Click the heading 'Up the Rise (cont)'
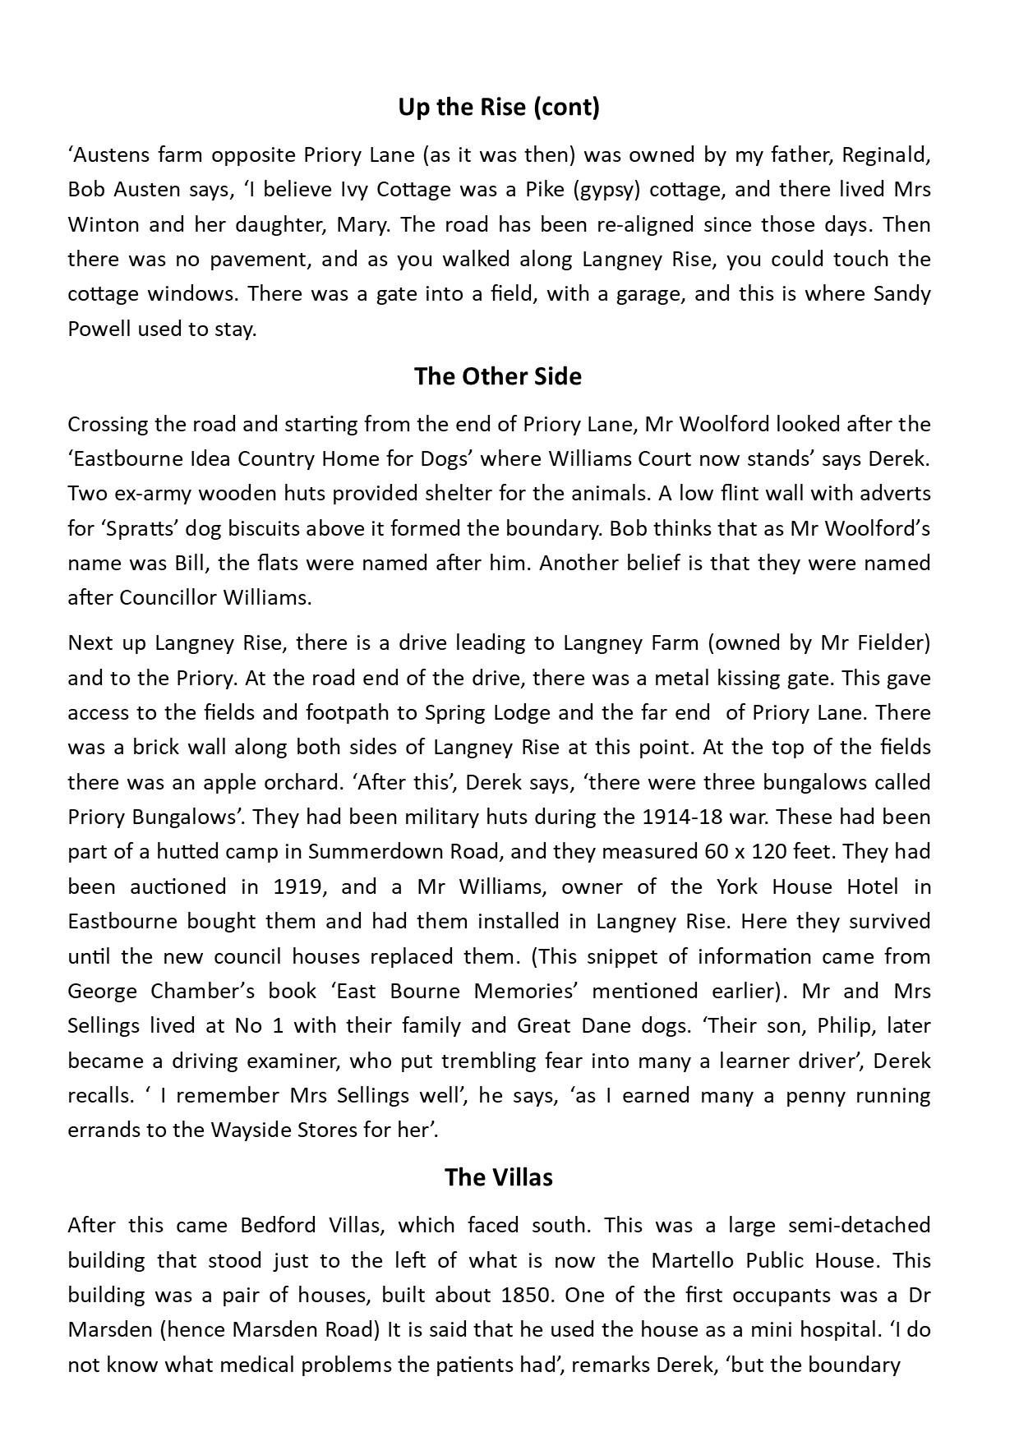pyautogui.click(x=498, y=108)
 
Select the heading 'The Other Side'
pyautogui.click(x=498, y=376)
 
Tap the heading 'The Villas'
pyautogui.click(x=498, y=1177)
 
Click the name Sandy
pyautogui.click(x=902, y=294)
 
